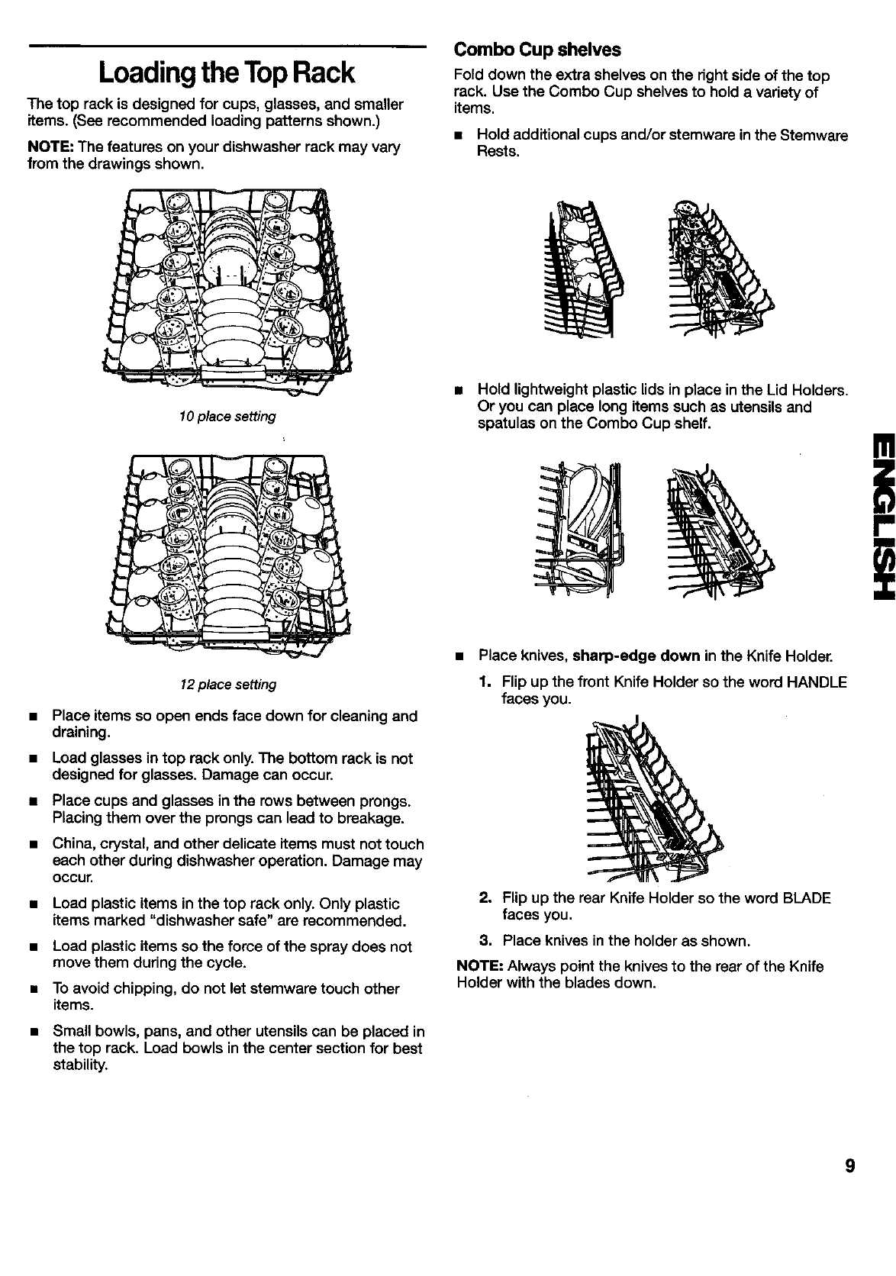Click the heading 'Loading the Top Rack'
tap(227, 72)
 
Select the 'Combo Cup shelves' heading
tap(537, 50)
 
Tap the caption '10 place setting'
tap(227, 417)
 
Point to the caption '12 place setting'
tap(227, 685)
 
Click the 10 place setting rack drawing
tap(227, 290)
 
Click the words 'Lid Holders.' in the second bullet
tap(805, 391)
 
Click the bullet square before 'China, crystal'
tap(33, 845)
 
